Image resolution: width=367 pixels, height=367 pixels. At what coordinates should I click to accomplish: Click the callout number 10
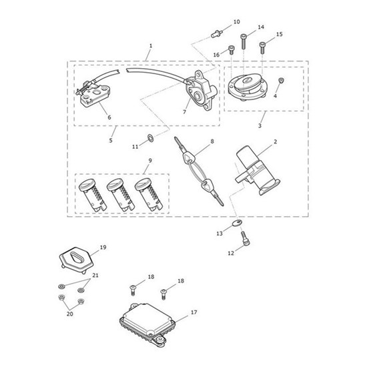[237, 22]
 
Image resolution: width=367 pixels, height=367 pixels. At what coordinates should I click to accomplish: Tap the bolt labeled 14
[244, 41]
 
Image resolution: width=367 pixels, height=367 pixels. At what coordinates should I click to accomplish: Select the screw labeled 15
[262, 47]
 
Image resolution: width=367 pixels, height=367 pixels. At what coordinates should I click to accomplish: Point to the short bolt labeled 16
[231, 50]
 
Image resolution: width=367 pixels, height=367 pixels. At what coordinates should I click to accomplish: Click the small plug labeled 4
[282, 81]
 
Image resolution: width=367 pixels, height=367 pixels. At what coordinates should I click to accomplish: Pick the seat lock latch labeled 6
[93, 93]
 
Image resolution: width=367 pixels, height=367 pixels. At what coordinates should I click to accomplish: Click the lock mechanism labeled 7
[202, 90]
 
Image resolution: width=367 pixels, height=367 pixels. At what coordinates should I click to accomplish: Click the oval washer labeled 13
[237, 223]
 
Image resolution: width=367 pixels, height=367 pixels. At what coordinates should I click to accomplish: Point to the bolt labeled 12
[246, 238]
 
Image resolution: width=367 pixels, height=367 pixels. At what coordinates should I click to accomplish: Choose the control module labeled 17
[147, 324]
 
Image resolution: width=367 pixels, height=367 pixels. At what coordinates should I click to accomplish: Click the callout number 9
[150, 161]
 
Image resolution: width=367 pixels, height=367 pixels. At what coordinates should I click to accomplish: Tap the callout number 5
[111, 140]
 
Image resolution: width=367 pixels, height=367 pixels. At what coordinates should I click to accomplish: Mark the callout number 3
[260, 125]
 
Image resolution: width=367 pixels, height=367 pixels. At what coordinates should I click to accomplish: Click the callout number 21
[95, 275]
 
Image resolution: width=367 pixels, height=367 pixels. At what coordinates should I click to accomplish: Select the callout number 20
[70, 314]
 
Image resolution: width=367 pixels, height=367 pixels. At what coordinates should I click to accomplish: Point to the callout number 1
[151, 45]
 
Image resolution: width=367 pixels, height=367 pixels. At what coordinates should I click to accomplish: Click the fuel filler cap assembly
[247, 87]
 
